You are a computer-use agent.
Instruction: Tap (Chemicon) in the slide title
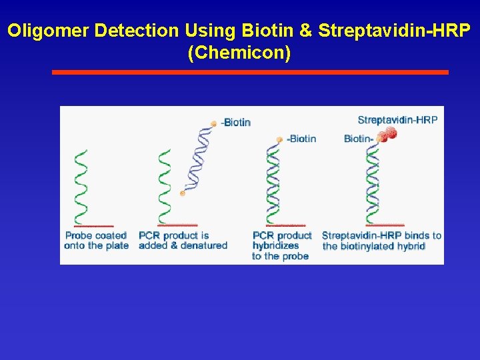tap(239, 53)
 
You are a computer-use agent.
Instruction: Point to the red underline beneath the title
tap(250, 72)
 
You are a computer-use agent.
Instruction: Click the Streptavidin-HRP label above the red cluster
tap(397, 120)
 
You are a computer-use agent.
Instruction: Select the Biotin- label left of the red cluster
tap(358, 139)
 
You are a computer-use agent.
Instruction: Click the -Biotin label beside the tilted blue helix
tap(236, 122)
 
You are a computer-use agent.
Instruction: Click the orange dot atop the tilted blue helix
tap(213, 123)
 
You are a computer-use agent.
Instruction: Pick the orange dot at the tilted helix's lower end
tap(183, 193)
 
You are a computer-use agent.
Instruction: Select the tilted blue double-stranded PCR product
tap(197, 159)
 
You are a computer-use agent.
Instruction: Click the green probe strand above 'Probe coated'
tap(81, 187)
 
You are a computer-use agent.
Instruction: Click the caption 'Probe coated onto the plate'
tap(96, 241)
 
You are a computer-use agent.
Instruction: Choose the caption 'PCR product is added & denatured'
tap(183, 241)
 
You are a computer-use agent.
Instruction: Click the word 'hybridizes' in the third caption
tap(275, 246)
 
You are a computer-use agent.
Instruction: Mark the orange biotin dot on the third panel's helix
tap(279, 140)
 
